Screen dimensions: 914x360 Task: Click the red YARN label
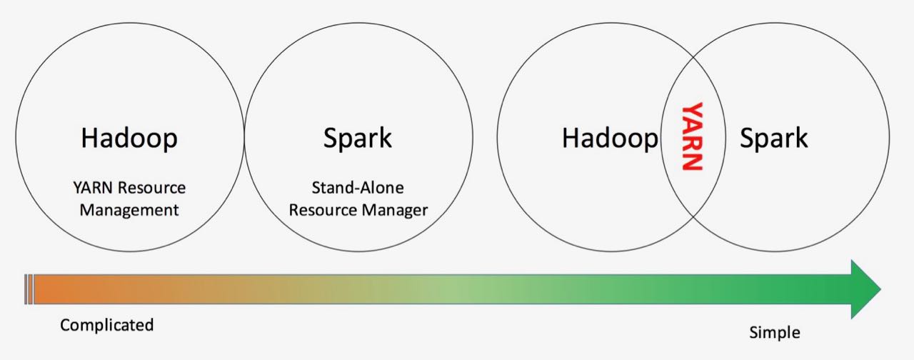[693, 136]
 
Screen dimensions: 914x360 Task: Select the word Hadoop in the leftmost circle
[129, 139]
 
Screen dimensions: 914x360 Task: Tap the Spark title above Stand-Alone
[358, 139]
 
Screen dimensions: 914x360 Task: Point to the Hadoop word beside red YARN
[610, 139]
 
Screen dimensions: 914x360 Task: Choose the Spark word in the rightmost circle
[773, 139]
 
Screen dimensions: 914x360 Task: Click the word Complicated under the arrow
[107, 325]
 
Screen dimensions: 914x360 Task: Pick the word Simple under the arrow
[775, 333]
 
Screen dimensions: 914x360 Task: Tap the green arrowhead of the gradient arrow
[865, 289]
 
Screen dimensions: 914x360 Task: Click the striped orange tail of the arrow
[29, 289]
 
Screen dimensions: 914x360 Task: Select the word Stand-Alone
[358, 188]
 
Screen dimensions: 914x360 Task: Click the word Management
[129, 211]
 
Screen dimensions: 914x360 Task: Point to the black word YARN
[93, 188]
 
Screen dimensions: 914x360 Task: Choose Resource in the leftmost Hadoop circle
[152, 188]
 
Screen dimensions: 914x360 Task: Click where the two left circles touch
[244, 137]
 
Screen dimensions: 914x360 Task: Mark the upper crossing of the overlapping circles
[693, 57]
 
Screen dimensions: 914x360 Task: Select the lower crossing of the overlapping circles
[693, 216]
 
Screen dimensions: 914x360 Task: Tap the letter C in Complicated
[65, 325]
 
